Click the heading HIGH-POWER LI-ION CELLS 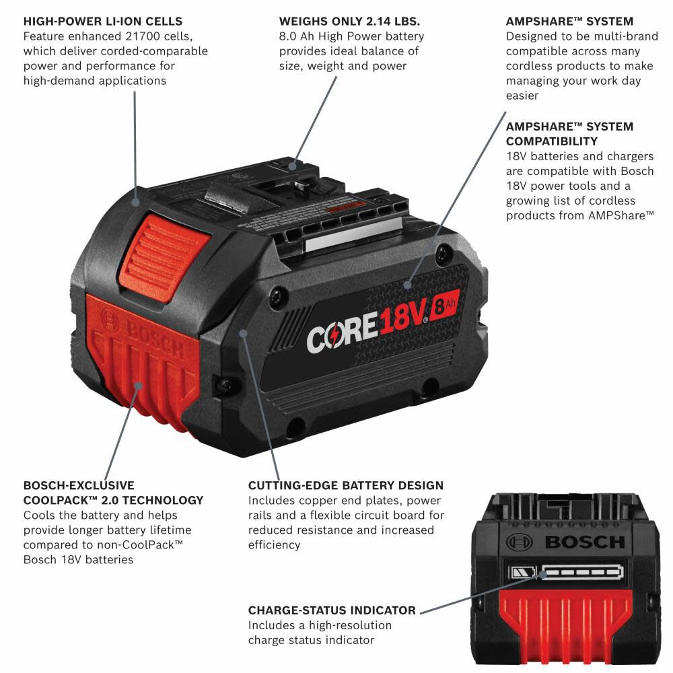point(102,22)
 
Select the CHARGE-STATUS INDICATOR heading point(332,610)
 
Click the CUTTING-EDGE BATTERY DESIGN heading point(346,485)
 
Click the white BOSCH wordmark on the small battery point(584,542)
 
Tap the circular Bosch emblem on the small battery point(519,541)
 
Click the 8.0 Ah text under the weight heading point(298,36)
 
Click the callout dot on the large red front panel point(139,385)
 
